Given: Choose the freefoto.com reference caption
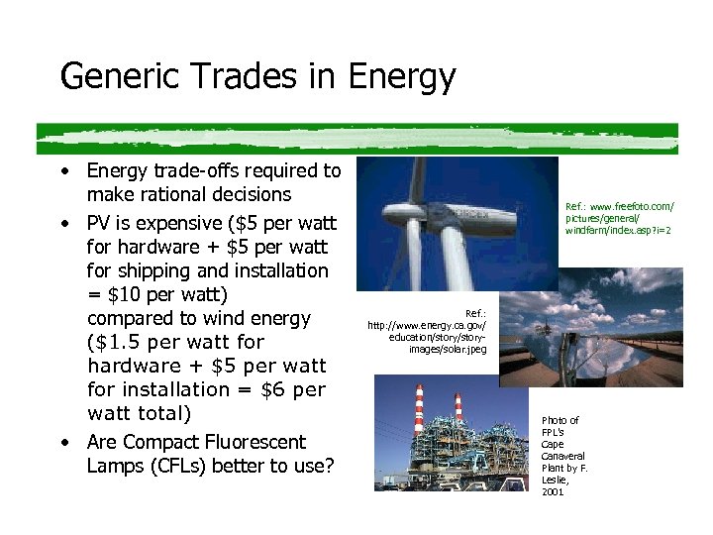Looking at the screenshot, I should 619,218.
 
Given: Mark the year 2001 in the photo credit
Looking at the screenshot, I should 553,491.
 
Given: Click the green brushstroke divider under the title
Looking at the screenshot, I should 356,138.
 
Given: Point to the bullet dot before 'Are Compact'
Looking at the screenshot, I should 63,442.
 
